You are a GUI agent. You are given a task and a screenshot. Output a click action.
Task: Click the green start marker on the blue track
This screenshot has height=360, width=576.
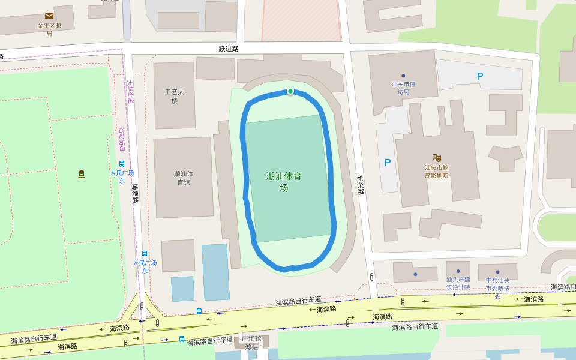click(x=290, y=91)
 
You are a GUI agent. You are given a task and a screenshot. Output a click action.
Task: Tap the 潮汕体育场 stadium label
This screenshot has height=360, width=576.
click(x=284, y=182)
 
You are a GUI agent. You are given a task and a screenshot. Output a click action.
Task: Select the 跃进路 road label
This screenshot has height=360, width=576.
click(x=229, y=48)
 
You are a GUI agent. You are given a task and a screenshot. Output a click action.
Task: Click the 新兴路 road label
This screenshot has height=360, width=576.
click(x=360, y=185)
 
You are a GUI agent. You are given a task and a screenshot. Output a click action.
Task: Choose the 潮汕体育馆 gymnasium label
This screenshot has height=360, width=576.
click(x=183, y=178)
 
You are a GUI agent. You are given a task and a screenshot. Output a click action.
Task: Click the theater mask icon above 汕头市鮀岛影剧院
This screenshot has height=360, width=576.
click(x=436, y=157)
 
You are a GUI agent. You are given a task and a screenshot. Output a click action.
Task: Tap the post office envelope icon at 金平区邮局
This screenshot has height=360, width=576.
click(x=49, y=16)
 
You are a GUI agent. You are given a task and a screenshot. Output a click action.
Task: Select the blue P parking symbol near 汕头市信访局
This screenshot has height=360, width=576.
click(x=479, y=76)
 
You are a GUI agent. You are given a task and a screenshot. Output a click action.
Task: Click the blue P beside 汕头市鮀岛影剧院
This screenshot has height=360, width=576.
click(x=387, y=163)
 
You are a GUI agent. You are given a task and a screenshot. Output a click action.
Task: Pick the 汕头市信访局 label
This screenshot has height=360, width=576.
click(x=403, y=88)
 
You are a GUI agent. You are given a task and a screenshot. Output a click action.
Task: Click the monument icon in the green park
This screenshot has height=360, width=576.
click(x=82, y=174)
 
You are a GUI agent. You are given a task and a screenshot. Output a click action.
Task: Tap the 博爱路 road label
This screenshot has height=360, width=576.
click(x=136, y=193)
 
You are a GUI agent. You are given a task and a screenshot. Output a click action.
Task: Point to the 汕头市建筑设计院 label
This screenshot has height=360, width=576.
click(x=458, y=283)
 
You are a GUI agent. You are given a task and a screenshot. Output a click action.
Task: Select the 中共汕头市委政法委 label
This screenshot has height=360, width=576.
click(x=497, y=288)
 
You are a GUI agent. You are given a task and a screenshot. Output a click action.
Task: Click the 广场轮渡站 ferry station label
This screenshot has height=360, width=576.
click(x=253, y=343)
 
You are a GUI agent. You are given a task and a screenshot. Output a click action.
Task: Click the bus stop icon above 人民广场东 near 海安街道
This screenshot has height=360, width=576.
click(x=122, y=164)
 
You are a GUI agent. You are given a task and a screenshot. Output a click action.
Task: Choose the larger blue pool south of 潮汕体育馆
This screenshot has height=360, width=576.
click(x=215, y=272)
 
